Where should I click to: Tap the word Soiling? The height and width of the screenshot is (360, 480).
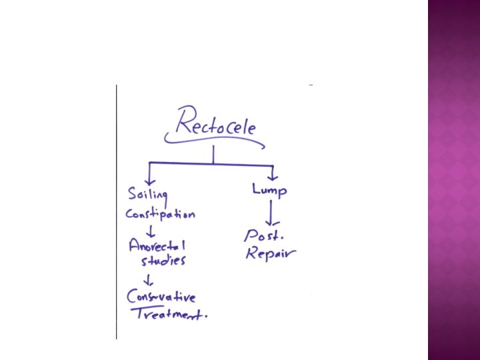pos(147,195)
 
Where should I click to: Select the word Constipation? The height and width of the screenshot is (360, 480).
pos(160,215)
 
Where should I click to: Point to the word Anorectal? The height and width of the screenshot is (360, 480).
pos(157,246)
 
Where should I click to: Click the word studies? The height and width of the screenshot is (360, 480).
pos(162,261)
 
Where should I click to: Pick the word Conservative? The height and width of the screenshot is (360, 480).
pos(161,297)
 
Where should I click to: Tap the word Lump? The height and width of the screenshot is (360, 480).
pos(269,191)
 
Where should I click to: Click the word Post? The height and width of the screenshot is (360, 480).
pos(265,235)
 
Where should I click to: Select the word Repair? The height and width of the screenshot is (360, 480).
pos(269,253)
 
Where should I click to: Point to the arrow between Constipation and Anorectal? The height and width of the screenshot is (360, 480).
pos(151,230)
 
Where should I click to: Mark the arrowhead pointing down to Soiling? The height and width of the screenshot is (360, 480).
pos(149,180)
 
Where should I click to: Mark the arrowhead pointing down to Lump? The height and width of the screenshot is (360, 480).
pos(272,176)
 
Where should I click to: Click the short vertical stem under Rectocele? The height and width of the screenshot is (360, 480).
pos(213,155)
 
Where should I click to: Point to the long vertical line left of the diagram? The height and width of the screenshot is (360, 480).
pos(117,213)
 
